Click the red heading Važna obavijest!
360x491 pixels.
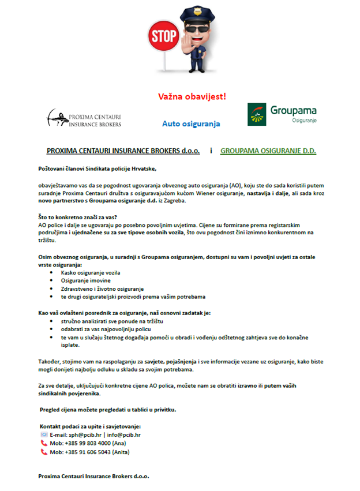193,96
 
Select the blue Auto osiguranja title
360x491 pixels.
191,123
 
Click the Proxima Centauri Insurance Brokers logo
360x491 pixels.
84,118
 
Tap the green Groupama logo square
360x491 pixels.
257,114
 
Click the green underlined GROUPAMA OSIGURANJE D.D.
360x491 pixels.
268,151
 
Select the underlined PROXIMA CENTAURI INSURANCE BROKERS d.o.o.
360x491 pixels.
123,151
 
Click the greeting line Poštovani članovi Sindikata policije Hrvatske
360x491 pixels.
97,170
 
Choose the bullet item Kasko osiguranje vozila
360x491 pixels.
91,272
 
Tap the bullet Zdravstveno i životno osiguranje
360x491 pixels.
102,288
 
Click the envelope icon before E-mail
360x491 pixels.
44,434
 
